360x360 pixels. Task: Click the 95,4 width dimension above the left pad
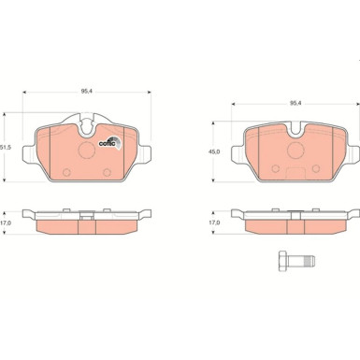click(85, 92)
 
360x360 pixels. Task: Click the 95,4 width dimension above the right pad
click(295, 103)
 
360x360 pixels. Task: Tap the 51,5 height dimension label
click(6, 148)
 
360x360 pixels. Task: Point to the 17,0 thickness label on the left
click(5, 223)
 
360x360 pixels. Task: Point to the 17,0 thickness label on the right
click(215, 223)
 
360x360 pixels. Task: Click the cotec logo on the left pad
click(110, 143)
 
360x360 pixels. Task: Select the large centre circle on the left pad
click(87, 150)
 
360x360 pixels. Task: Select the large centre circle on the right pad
click(295, 151)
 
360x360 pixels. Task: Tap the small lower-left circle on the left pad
click(66, 172)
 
